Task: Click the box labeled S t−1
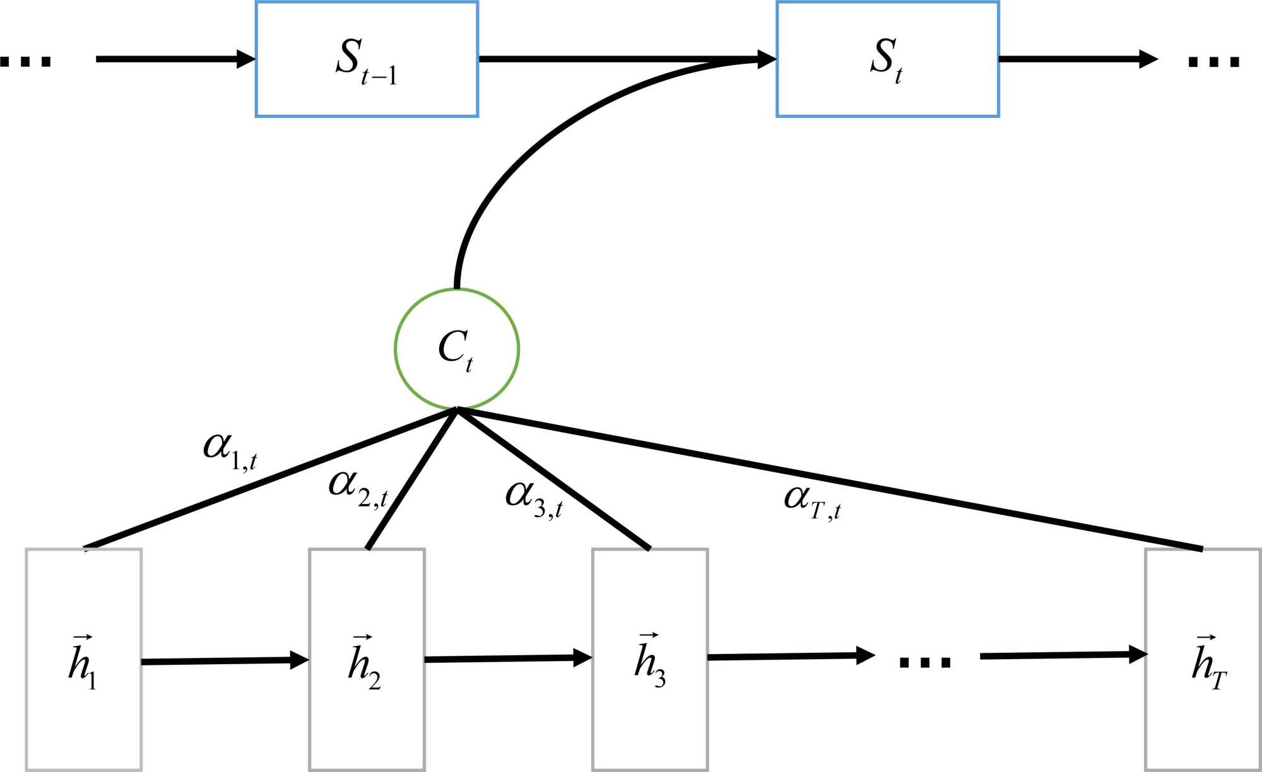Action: click(x=367, y=59)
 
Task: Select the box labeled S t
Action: click(x=887, y=59)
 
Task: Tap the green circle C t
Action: click(x=457, y=349)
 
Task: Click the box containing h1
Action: click(x=84, y=659)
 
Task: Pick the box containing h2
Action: click(x=367, y=659)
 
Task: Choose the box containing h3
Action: click(x=650, y=659)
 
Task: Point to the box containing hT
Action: click(x=1203, y=659)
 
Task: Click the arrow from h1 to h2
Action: click(x=224, y=661)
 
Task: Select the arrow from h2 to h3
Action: click(x=508, y=659)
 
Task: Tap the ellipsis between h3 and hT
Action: click(x=925, y=662)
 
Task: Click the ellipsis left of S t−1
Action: click(x=25, y=61)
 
